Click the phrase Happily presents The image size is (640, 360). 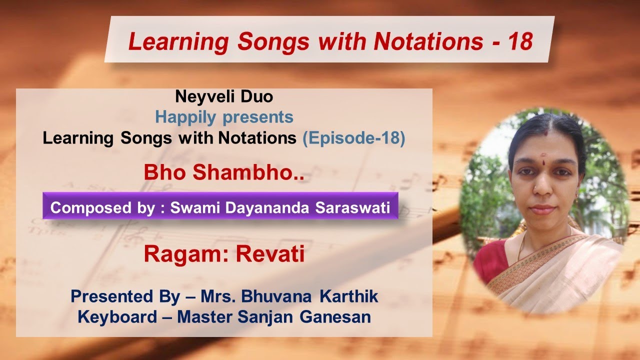point(224,117)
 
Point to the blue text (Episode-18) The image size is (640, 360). point(353,138)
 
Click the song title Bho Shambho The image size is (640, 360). point(223,172)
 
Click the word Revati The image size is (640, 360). point(270,254)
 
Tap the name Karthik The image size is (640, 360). point(349,296)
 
